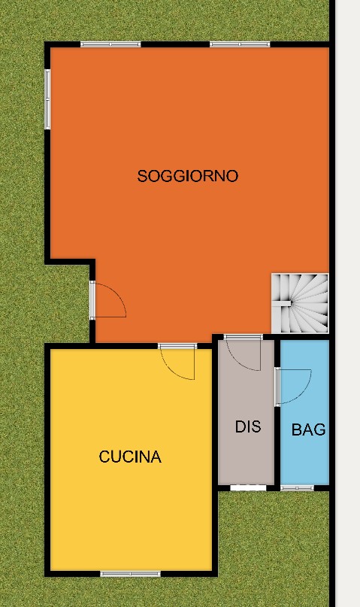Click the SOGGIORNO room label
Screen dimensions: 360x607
[188, 176]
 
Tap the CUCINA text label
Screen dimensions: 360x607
[130, 457]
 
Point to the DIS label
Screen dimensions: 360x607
[248, 426]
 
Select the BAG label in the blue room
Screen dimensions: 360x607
[308, 429]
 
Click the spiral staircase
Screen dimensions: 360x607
[300, 303]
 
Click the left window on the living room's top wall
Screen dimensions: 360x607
[110, 44]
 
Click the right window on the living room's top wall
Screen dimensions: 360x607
[240, 44]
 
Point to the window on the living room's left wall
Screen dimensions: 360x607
[47, 99]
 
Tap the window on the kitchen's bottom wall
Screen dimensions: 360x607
[130, 574]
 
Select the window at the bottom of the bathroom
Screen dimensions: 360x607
[297, 488]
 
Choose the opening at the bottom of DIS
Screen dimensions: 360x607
[248, 487]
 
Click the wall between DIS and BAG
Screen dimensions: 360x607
[277, 412]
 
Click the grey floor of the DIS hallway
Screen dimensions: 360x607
[246, 453]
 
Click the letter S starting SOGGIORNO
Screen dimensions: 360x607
[143, 176]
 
